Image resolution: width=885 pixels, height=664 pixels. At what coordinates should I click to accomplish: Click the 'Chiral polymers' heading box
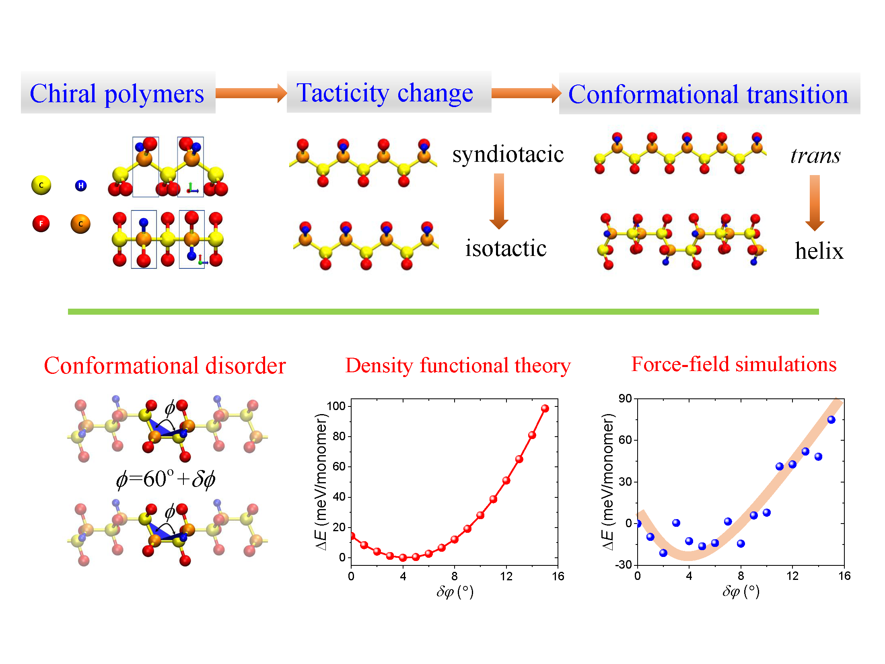click(117, 93)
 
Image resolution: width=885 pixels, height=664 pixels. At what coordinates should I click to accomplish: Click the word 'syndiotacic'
click(508, 154)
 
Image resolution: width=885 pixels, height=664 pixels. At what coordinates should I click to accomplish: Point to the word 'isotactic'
click(506, 248)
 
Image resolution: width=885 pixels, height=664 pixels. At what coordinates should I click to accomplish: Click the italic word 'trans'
click(815, 156)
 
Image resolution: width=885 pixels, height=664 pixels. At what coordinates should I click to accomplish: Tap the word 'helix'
click(819, 251)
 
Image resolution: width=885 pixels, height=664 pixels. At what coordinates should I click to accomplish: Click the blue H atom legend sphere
click(81, 186)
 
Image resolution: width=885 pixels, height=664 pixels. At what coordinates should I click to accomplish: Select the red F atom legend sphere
click(41, 224)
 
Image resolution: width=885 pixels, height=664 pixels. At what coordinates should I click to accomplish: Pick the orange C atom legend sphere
click(80, 224)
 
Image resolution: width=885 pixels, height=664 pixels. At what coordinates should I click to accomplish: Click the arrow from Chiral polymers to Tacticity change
click(251, 93)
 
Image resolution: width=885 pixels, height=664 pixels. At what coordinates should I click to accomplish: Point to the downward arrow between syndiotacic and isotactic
click(499, 201)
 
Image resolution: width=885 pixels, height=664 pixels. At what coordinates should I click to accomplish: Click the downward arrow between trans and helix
click(815, 202)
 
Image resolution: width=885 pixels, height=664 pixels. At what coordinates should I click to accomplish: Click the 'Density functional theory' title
click(458, 365)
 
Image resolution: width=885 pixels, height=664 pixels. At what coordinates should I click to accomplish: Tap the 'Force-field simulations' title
click(734, 364)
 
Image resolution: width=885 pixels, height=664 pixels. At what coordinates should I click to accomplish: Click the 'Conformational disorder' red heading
click(165, 366)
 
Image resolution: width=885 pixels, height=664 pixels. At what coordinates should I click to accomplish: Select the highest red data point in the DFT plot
click(545, 408)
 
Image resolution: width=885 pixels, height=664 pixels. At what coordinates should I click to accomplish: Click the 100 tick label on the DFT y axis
click(336, 406)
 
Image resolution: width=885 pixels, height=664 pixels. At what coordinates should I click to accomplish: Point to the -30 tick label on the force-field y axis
click(623, 565)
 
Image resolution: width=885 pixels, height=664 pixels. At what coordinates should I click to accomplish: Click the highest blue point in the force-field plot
click(831, 420)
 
